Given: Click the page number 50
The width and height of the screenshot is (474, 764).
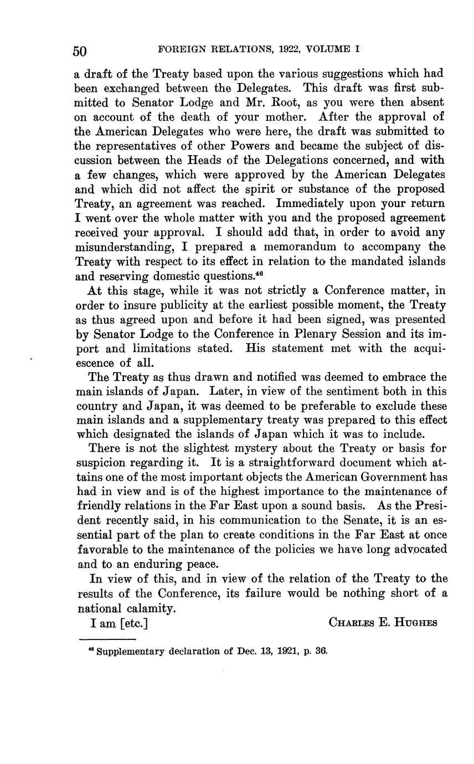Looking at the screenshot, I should (80, 51).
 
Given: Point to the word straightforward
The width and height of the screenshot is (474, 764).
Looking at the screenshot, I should (284, 462).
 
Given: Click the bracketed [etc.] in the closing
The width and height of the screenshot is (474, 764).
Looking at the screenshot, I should (133, 623).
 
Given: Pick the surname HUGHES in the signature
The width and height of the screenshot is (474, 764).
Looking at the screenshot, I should (415, 623).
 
